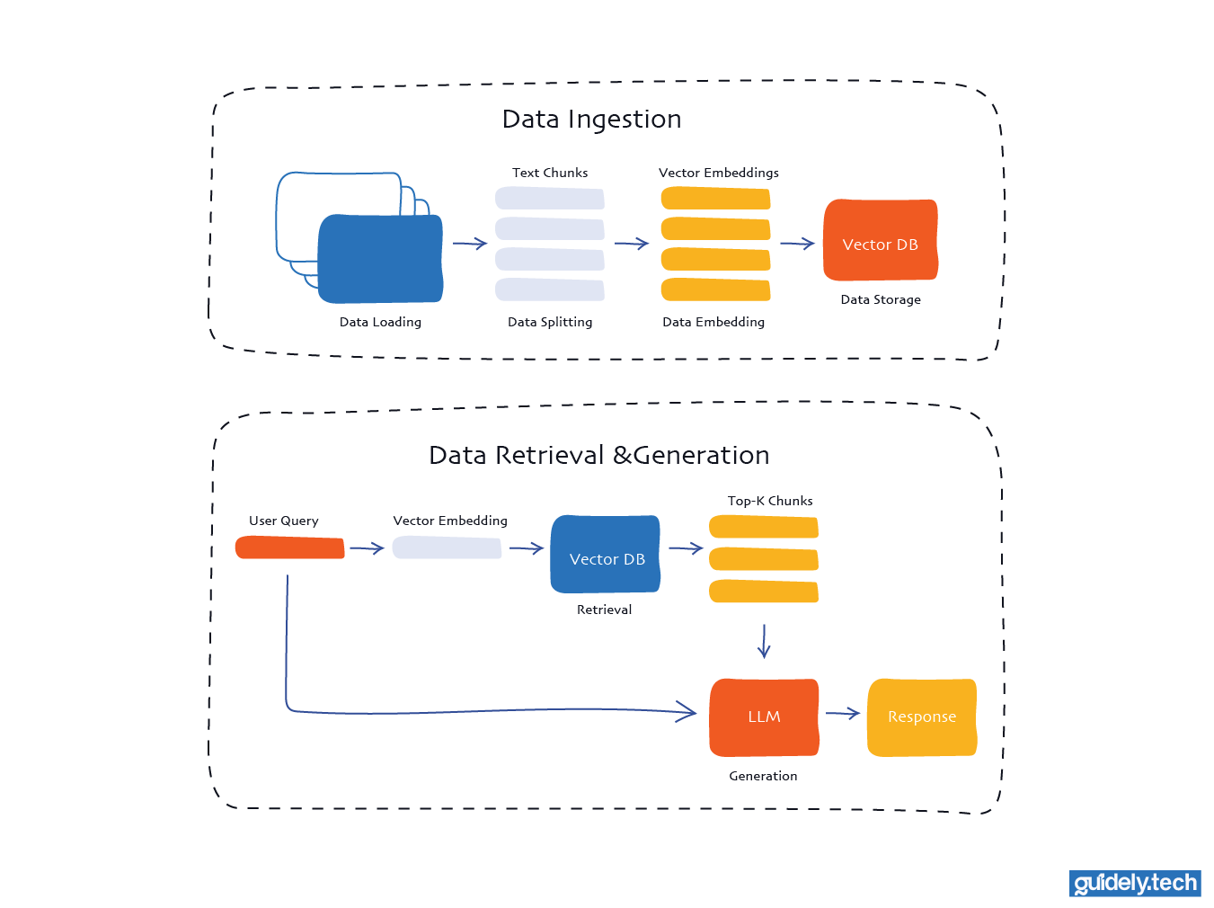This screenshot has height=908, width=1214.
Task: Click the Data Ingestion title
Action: (x=591, y=120)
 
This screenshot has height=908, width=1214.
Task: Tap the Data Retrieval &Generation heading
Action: (x=598, y=456)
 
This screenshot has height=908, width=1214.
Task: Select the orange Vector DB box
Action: (x=880, y=240)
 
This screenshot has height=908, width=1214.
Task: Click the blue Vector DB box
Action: (x=606, y=555)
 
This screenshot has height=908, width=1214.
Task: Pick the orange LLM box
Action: (x=764, y=717)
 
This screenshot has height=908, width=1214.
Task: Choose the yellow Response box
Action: (x=921, y=717)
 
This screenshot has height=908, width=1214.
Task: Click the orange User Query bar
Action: (x=289, y=547)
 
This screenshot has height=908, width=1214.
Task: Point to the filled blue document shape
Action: (x=380, y=259)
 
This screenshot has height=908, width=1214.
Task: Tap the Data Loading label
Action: (x=380, y=322)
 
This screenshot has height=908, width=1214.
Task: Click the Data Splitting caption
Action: (x=550, y=322)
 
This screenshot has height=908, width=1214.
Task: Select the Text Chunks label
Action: (x=550, y=173)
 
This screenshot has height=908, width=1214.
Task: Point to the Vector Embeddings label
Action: (x=718, y=173)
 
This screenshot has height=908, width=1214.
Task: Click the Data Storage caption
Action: (x=881, y=299)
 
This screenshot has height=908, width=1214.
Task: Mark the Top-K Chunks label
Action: (x=770, y=501)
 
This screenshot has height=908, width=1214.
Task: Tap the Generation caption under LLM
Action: (x=763, y=776)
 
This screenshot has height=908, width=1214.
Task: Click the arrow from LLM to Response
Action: (x=843, y=714)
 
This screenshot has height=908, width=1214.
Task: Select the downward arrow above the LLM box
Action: (x=764, y=642)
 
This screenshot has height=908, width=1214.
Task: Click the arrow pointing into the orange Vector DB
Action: (x=797, y=244)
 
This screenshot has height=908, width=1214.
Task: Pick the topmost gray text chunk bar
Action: (x=550, y=198)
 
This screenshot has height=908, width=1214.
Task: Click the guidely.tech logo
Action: (x=1135, y=883)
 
